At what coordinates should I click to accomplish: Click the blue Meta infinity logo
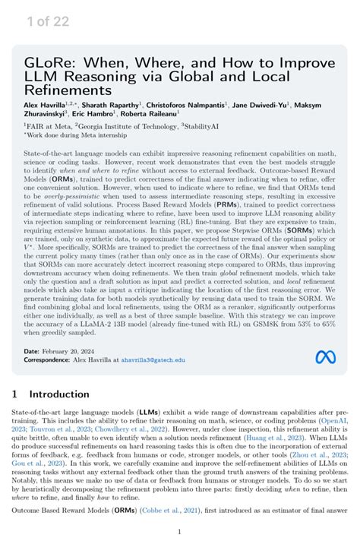[324, 356]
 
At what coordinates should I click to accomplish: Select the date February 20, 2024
[71, 352]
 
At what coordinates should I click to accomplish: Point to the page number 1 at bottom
[179, 532]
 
